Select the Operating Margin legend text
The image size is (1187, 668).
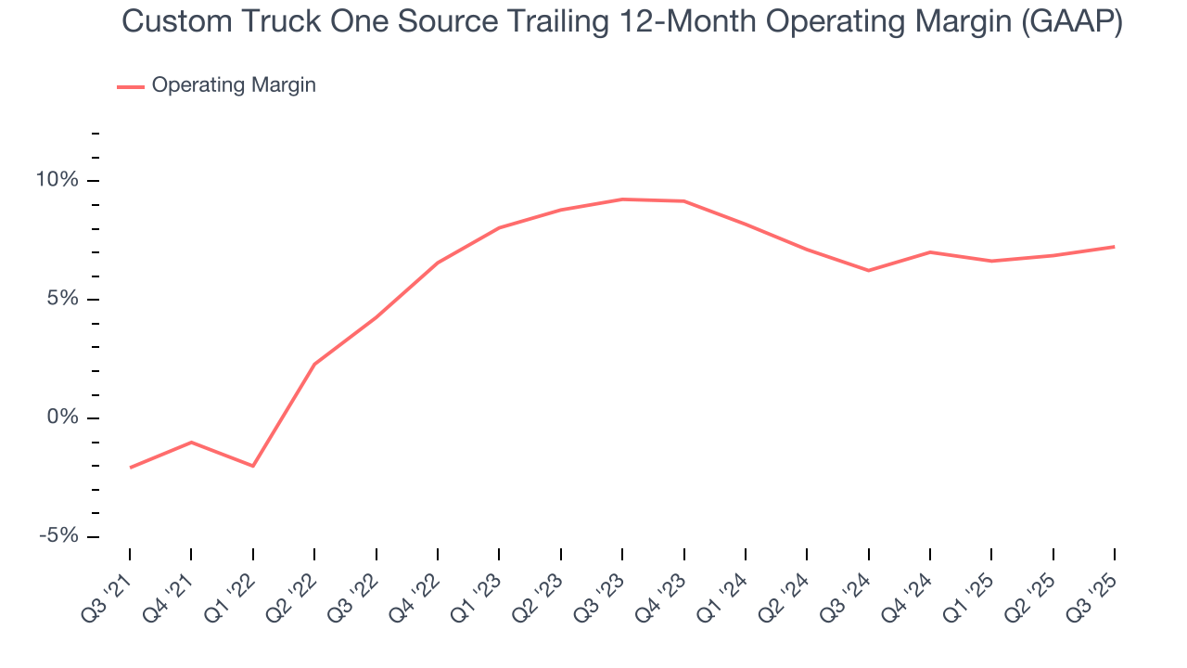(234, 85)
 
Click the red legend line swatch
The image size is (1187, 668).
(131, 86)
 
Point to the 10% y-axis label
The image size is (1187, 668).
(58, 180)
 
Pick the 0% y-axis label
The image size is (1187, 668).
(63, 417)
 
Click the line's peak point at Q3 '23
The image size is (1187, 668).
(622, 199)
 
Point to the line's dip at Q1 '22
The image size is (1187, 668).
(253, 466)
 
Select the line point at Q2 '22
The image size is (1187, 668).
(314, 364)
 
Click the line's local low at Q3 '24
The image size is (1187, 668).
(868, 270)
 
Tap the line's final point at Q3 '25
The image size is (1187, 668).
(1114, 247)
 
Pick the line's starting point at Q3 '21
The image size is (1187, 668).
(130, 468)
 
